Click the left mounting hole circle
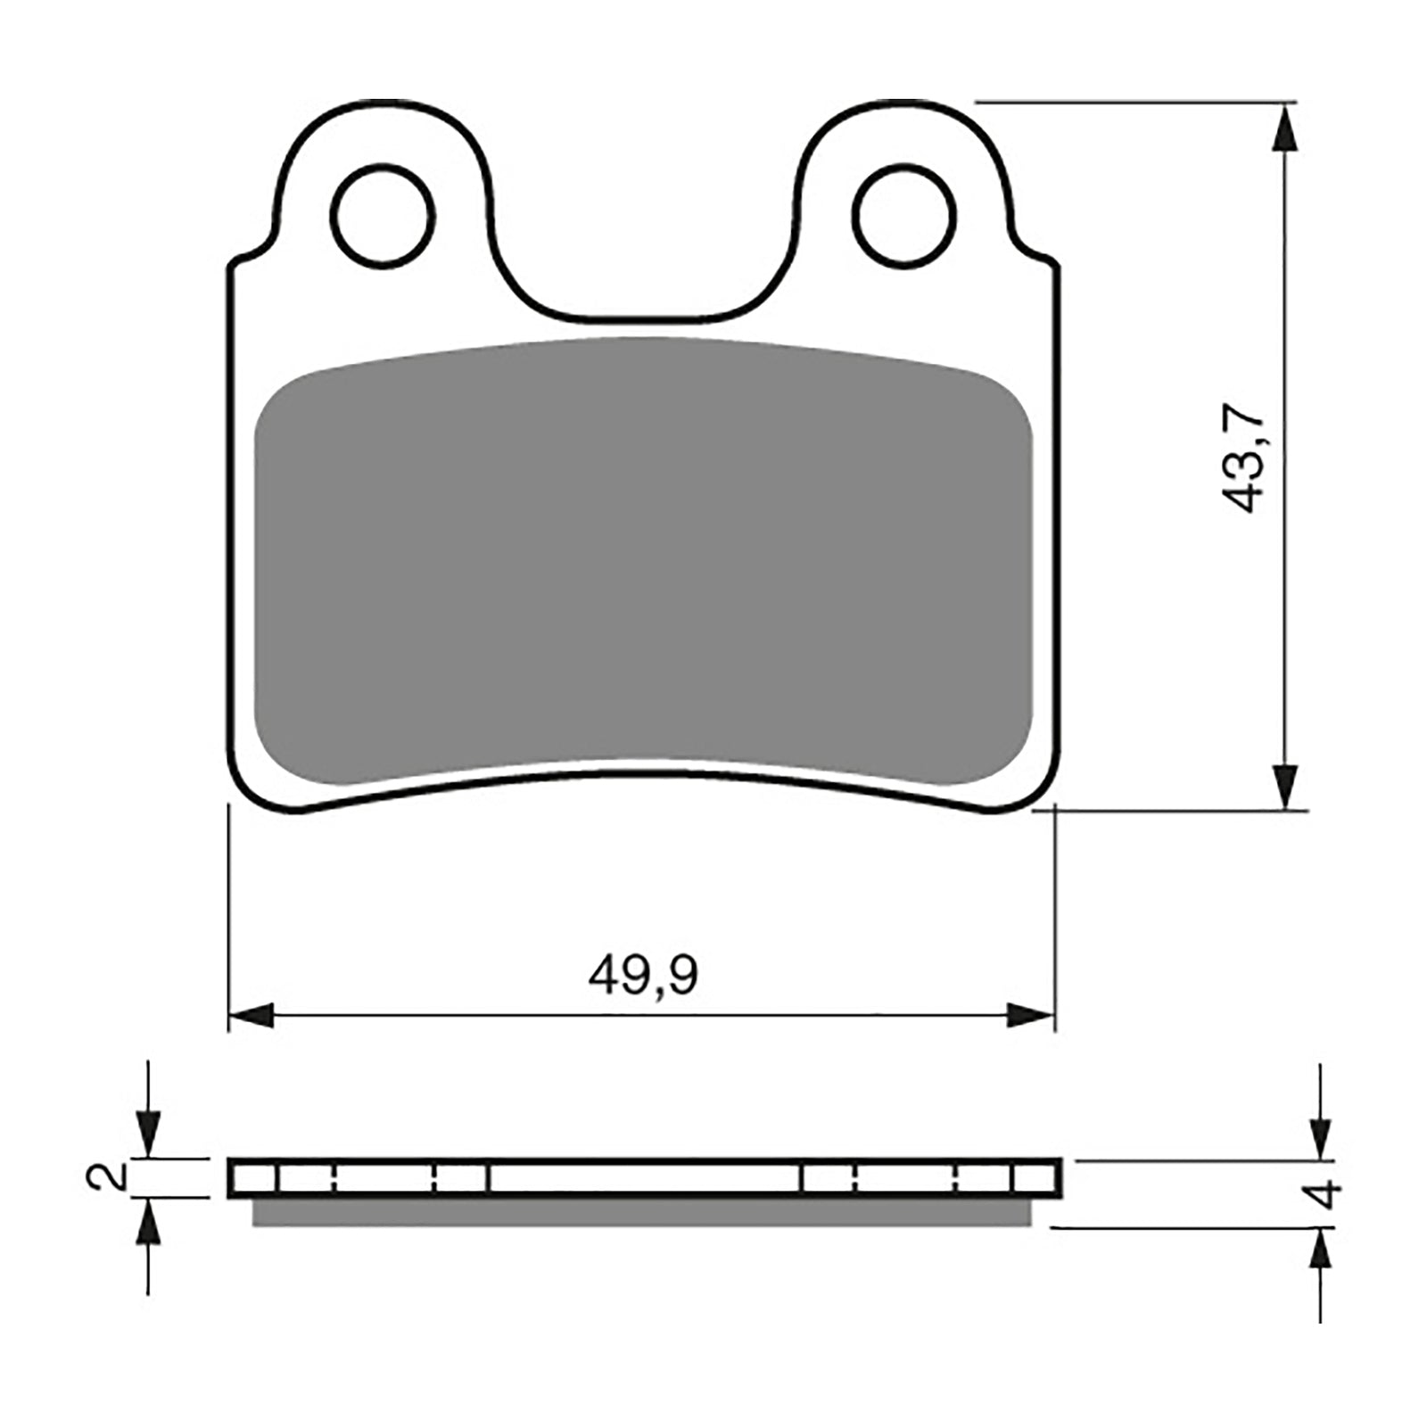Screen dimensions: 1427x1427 (x=382, y=214)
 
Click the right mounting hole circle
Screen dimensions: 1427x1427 (x=904, y=214)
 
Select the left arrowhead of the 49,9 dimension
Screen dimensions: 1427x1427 (x=252, y=1014)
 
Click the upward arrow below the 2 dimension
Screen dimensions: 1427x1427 (x=148, y=1222)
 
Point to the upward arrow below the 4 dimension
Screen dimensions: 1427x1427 (x=1321, y=1254)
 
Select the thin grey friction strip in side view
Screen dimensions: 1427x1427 (x=642, y=1213)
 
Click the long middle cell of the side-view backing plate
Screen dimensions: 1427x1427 (x=644, y=1178)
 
